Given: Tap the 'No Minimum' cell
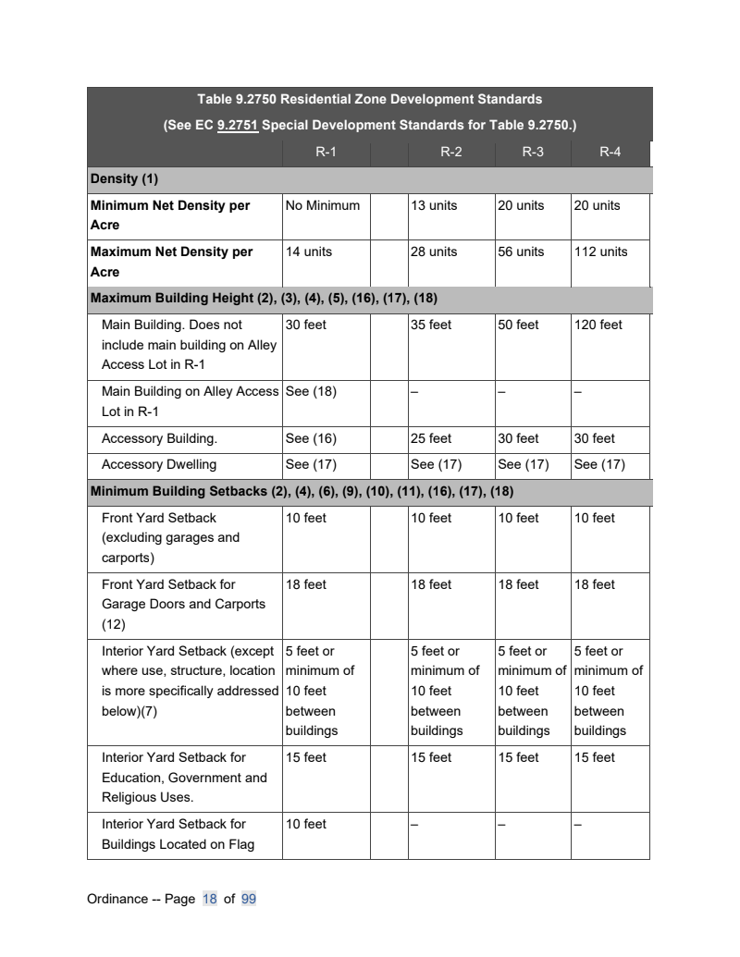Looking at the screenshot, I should pyautogui.click(x=323, y=205).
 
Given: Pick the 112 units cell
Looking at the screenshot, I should pyautogui.click(x=600, y=252).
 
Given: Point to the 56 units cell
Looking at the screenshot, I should pyautogui.click(x=521, y=252).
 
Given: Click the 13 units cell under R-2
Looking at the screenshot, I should pyautogui.click(x=434, y=205).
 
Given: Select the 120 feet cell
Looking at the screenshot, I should pyautogui.click(x=598, y=325).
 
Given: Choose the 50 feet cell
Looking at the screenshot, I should pyautogui.click(x=518, y=325).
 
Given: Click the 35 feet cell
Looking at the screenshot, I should pyautogui.click(x=431, y=325).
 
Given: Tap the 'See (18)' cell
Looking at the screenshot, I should pyautogui.click(x=311, y=391).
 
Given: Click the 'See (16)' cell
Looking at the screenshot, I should pyautogui.click(x=311, y=438).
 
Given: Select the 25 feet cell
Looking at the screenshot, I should pyautogui.click(x=431, y=438).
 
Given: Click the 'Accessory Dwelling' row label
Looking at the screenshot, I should pyautogui.click(x=159, y=464).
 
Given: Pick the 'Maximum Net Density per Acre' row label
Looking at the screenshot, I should pyautogui.click(x=171, y=262).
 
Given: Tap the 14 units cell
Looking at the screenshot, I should pyautogui.click(x=309, y=252).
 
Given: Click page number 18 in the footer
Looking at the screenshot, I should pyautogui.click(x=209, y=899).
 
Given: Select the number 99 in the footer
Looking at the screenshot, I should pyautogui.click(x=248, y=899).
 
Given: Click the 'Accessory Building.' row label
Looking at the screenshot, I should pyautogui.click(x=159, y=438).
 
